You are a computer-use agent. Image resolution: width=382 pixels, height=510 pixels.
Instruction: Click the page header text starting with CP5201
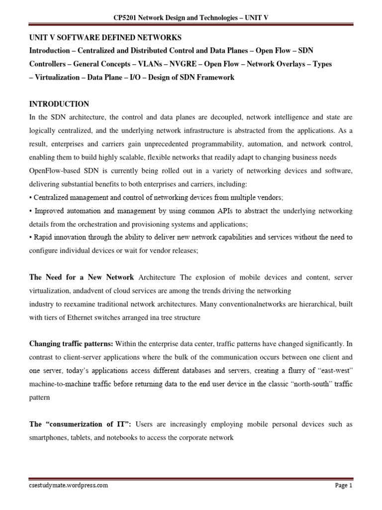pos(191,18)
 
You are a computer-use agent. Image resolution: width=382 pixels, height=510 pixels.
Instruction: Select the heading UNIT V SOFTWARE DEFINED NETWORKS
pos(106,37)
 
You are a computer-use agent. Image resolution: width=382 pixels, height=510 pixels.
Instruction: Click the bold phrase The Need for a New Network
pos(82,277)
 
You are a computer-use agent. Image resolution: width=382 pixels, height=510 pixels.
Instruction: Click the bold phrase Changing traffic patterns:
pos(71,344)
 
